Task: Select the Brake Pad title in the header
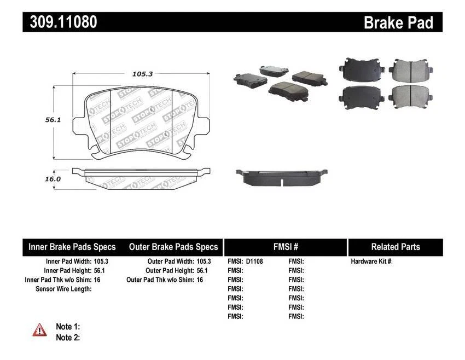(398, 22)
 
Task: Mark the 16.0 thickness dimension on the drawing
(37, 178)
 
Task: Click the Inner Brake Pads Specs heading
(72, 247)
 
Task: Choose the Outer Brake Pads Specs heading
(173, 247)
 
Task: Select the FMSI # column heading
(285, 247)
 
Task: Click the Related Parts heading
(395, 247)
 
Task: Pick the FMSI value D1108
(254, 262)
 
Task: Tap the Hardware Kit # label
(371, 262)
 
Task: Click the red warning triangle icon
(39, 329)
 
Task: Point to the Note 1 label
(68, 327)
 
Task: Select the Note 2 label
(68, 338)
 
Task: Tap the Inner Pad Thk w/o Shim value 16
(97, 280)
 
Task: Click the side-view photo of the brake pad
(281, 177)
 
